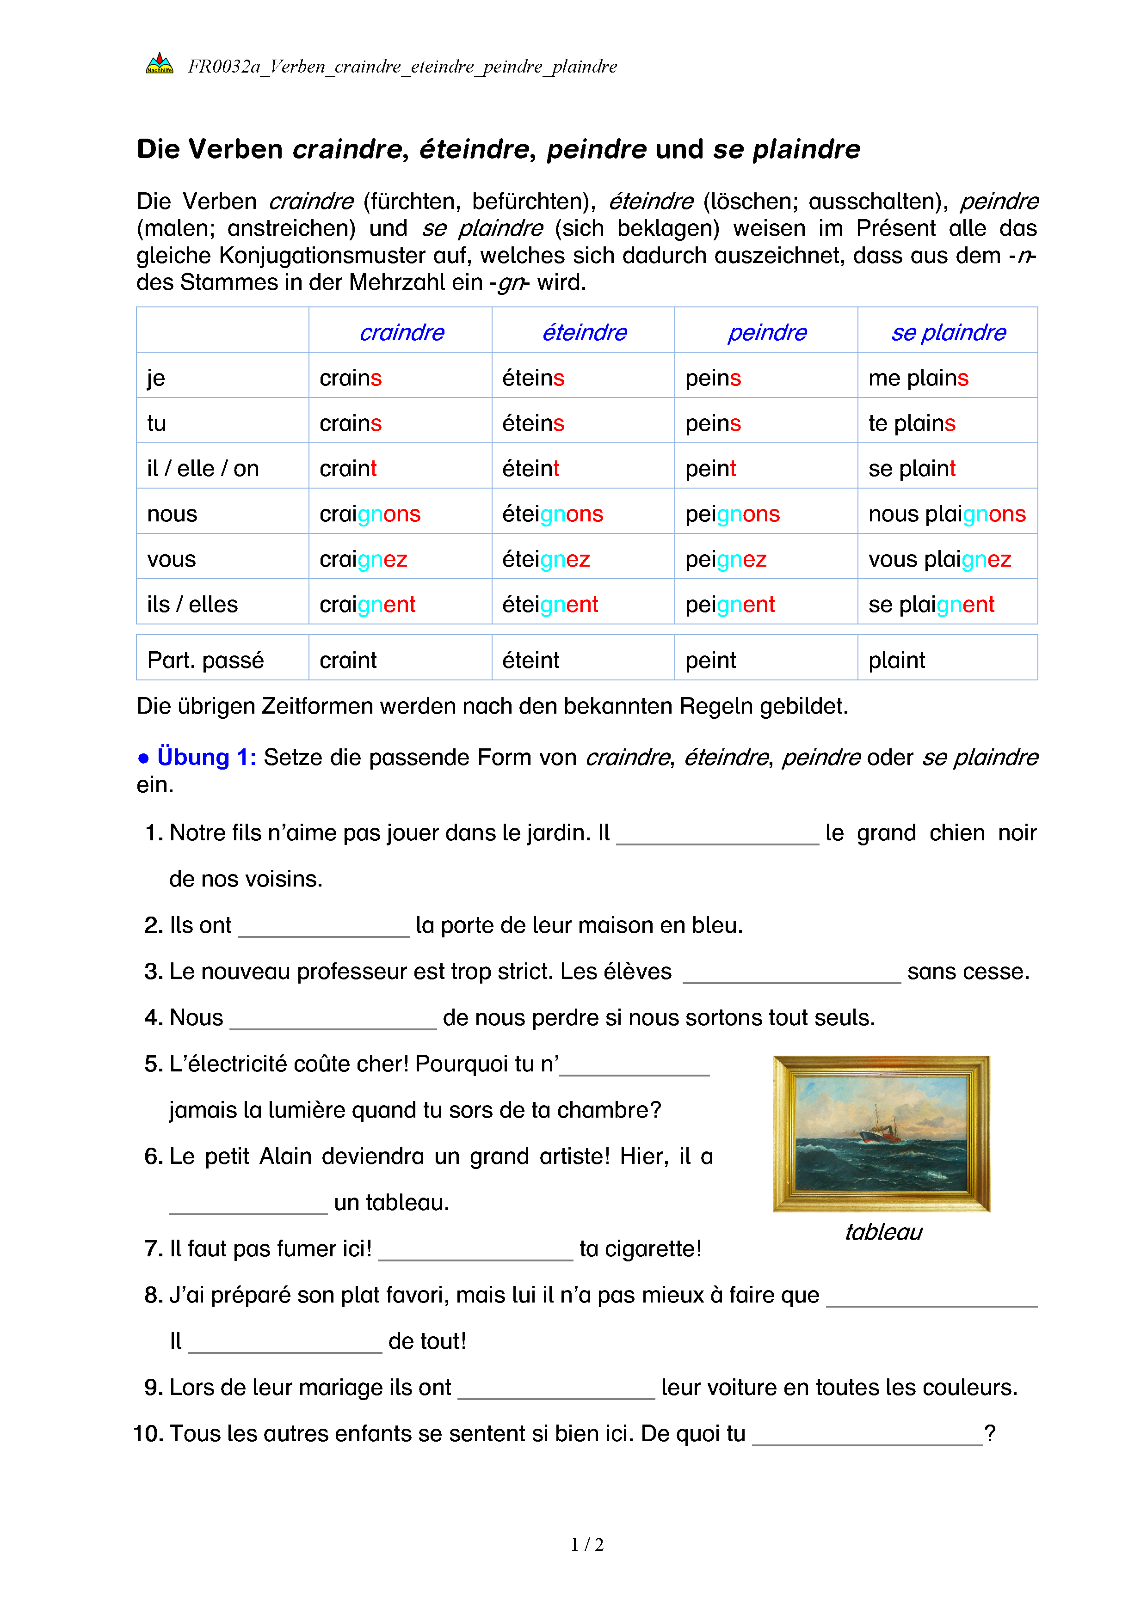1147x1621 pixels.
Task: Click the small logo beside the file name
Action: (x=160, y=64)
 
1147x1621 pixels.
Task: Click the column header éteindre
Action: (x=584, y=332)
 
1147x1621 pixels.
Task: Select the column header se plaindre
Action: (x=948, y=332)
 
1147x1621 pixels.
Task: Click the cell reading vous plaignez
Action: (x=939, y=559)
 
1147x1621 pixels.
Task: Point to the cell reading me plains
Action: (x=918, y=378)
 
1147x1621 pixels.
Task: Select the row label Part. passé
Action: (x=205, y=660)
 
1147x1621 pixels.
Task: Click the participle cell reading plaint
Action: (x=896, y=660)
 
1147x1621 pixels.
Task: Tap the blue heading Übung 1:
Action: (x=206, y=757)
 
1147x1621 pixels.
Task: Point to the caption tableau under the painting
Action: (x=883, y=1232)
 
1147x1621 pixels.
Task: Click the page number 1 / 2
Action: (x=587, y=1545)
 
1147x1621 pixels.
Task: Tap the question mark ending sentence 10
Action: (x=990, y=1433)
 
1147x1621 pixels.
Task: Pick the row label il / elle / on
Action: (x=203, y=468)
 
